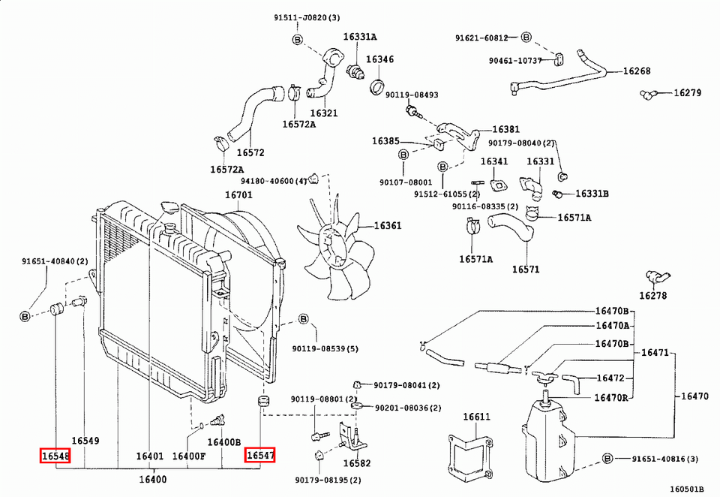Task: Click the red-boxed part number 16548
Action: (x=55, y=455)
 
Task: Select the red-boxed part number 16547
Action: (x=260, y=455)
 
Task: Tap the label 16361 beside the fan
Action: (x=388, y=225)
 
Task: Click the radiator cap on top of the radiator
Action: (x=170, y=208)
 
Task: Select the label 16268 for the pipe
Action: (x=637, y=72)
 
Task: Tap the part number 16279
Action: (x=687, y=93)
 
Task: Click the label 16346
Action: (x=379, y=59)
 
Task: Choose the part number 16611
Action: (x=475, y=417)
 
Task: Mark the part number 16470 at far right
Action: (x=695, y=396)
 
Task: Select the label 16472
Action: (x=610, y=378)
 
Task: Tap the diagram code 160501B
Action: (x=687, y=489)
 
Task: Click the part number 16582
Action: (x=357, y=464)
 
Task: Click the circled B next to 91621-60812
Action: (x=526, y=37)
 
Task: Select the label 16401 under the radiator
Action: (x=150, y=456)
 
